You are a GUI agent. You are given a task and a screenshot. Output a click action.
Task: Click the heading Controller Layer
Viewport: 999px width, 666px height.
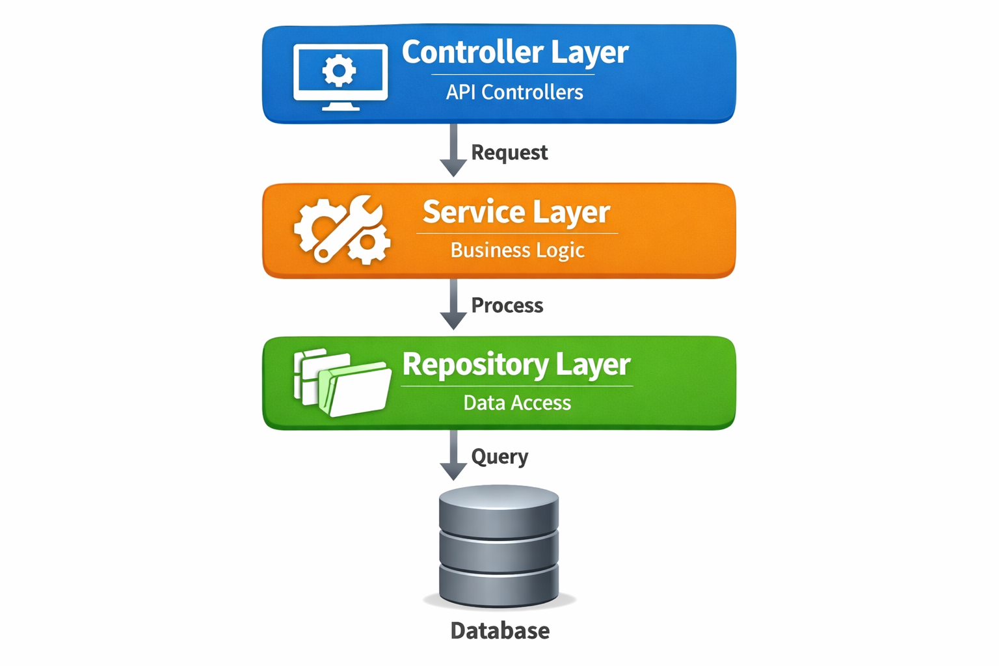pos(514,53)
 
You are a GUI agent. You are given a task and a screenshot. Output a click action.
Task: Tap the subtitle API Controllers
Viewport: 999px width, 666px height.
pos(514,92)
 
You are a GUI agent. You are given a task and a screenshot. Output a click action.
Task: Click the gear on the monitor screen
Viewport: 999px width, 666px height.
pos(339,70)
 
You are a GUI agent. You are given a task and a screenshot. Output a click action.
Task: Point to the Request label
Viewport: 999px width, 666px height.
pos(509,152)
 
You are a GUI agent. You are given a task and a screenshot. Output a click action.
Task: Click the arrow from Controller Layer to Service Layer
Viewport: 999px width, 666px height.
pos(453,151)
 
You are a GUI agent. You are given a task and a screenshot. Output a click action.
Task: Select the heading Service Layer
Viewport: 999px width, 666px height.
pos(516,212)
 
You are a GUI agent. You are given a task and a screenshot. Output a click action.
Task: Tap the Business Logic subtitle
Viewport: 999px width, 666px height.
pos(517,250)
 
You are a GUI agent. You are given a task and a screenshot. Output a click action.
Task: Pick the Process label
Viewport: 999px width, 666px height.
pos(507,305)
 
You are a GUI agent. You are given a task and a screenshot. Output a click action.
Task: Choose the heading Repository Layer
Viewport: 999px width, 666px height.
pos(516,364)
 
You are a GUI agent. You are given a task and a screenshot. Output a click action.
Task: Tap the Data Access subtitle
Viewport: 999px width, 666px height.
pos(517,403)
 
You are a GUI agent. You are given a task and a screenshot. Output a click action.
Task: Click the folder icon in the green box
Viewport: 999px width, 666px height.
pos(343,384)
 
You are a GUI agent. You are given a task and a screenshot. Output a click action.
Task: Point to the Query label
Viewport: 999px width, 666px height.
pos(499,457)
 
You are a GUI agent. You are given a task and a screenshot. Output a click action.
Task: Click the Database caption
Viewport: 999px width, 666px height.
pos(499,630)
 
